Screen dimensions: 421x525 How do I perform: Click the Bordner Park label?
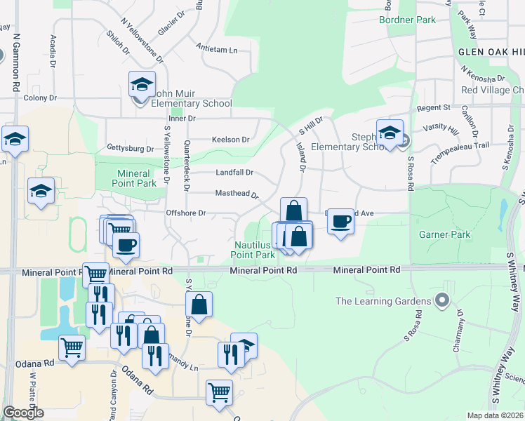[x=406, y=20]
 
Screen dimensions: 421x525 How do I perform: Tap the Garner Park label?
[x=445, y=234]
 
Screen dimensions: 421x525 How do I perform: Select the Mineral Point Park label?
[x=133, y=178]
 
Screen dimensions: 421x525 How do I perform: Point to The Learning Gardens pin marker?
[x=441, y=301]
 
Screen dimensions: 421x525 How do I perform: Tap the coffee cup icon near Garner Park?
[x=340, y=222]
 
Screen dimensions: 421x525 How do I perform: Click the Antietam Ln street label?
[x=218, y=51]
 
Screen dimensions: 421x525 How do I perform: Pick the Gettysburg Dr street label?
[x=130, y=149]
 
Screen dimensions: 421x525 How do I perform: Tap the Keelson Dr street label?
[x=230, y=140]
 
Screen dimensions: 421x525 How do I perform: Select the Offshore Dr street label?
[x=185, y=213]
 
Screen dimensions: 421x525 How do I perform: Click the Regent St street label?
[x=432, y=107]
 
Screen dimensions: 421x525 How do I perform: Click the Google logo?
[x=23, y=413]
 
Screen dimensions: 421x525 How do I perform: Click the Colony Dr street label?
[x=39, y=98]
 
